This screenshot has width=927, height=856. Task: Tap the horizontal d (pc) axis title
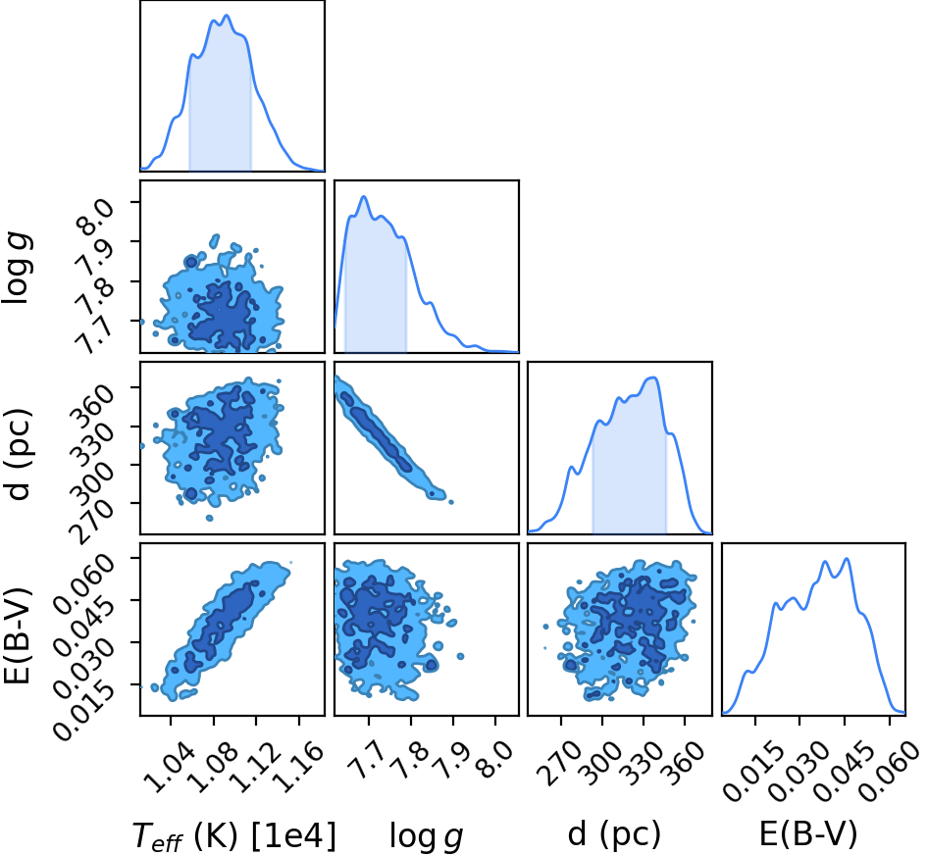point(614,834)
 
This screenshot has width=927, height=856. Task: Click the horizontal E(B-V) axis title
point(807,834)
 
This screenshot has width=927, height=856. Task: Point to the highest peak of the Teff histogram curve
point(227,16)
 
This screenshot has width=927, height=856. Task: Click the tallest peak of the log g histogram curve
point(364,197)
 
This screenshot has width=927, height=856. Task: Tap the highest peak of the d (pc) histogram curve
point(652,377)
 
